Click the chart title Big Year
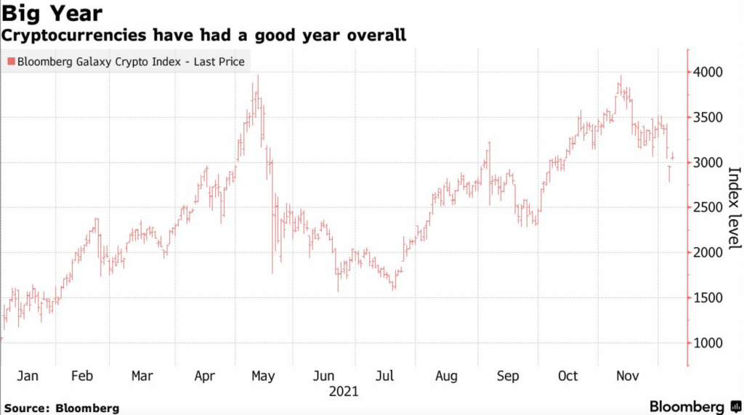click(x=52, y=13)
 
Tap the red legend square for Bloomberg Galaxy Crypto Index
click(x=10, y=62)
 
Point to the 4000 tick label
click(x=708, y=72)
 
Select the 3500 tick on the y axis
click(x=708, y=117)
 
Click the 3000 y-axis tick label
click(x=708, y=162)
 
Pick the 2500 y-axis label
click(x=708, y=207)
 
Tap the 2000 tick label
click(x=708, y=252)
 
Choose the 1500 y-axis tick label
click(x=708, y=297)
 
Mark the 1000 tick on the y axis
click(x=708, y=342)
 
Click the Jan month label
click(x=27, y=376)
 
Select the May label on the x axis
click(x=262, y=376)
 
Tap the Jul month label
click(x=385, y=376)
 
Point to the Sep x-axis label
click(x=508, y=376)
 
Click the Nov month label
click(x=628, y=376)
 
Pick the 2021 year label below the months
click(x=344, y=392)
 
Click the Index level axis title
click(x=733, y=207)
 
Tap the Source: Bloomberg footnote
click(x=60, y=408)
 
